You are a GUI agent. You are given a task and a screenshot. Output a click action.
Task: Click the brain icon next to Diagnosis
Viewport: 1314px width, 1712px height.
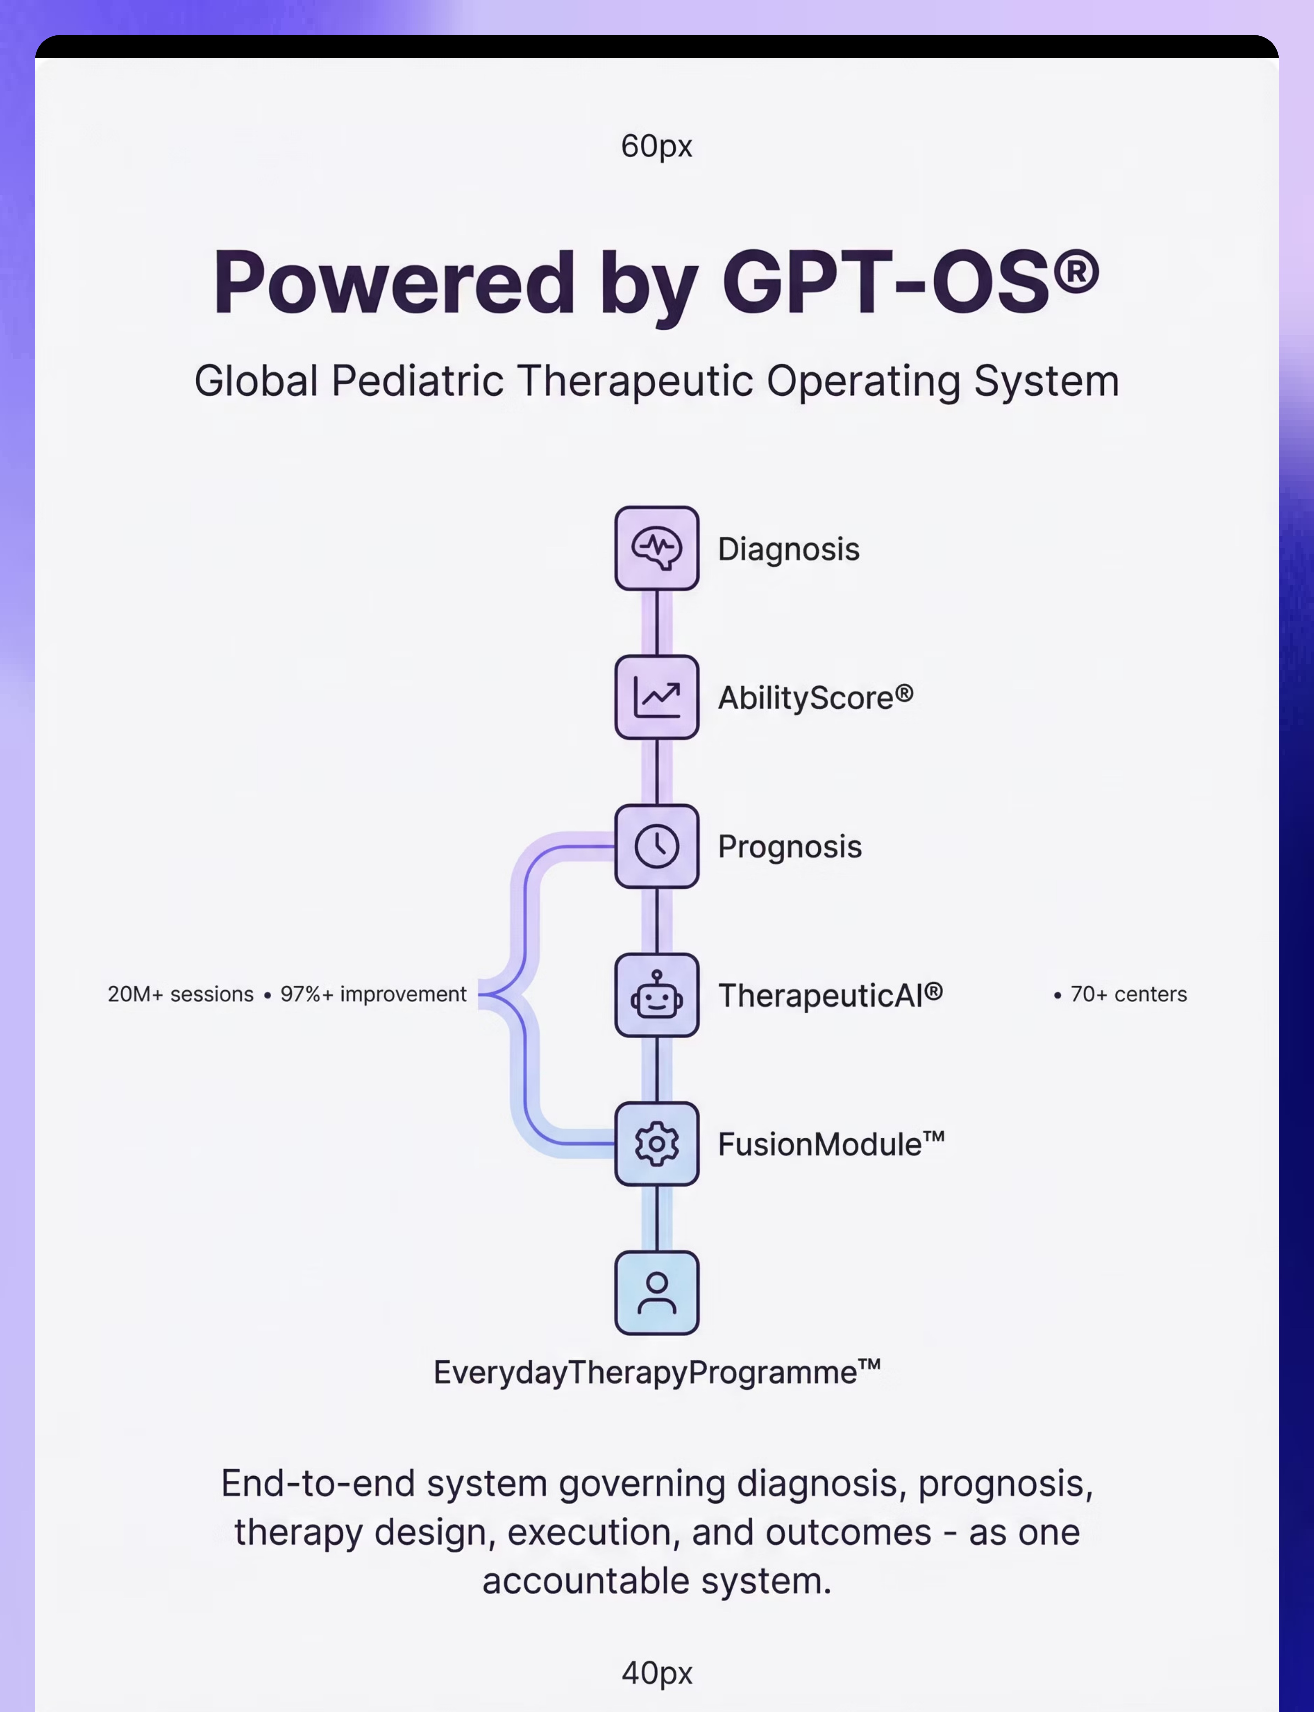pyautogui.click(x=657, y=548)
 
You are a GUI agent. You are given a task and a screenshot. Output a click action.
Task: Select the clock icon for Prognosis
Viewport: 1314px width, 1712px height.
pyautogui.click(x=657, y=846)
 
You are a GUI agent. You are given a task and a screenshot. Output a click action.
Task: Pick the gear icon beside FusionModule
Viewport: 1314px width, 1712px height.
pyautogui.click(x=657, y=1144)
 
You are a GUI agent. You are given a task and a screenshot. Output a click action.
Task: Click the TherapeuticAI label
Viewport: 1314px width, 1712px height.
pyautogui.click(x=831, y=995)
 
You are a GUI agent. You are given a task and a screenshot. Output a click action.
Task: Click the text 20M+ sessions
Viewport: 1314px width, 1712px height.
pyautogui.click(x=181, y=994)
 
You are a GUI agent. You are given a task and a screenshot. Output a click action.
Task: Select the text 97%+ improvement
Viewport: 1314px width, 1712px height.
pyautogui.click(x=373, y=994)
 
